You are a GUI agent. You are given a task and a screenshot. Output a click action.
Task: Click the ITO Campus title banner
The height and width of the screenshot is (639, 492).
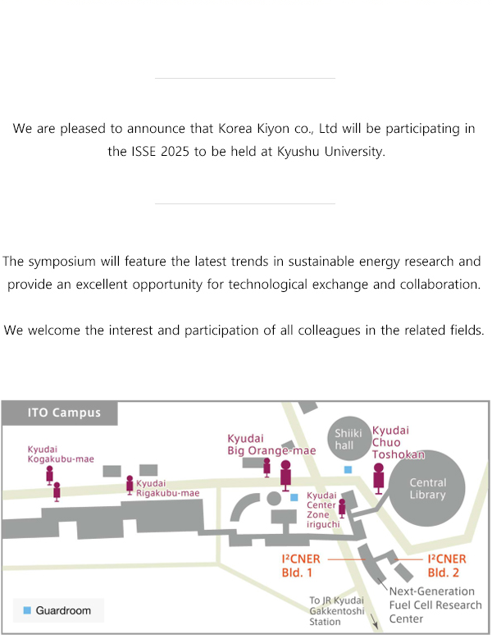(x=60, y=413)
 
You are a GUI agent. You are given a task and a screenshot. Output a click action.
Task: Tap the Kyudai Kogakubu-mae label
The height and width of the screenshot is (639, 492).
(x=61, y=454)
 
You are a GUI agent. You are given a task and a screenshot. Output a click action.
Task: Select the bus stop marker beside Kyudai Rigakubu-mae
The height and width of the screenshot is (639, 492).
(x=130, y=485)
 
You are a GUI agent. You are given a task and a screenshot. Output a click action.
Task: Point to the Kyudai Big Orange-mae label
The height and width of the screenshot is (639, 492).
(x=271, y=445)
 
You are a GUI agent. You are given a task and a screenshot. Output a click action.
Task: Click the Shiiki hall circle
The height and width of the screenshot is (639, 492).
(x=348, y=439)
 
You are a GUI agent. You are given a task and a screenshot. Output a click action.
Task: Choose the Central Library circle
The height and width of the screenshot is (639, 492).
(x=427, y=488)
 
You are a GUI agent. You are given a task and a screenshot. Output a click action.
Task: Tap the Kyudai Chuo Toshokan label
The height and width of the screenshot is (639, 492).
(x=398, y=442)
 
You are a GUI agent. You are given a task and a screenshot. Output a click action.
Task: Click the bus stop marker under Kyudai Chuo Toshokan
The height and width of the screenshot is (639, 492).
(x=379, y=478)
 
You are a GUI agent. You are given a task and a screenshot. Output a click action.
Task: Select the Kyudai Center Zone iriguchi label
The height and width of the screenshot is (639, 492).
(x=322, y=509)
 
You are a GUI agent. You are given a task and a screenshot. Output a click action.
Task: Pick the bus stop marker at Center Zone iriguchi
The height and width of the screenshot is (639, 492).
(x=342, y=509)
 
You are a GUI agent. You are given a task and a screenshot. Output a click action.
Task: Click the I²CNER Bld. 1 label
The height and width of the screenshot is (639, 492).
(x=301, y=566)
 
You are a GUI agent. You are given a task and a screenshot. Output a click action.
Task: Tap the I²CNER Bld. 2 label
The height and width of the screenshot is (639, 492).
(x=446, y=566)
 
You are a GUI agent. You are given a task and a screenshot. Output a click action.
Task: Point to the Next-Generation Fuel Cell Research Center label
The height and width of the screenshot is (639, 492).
(x=435, y=605)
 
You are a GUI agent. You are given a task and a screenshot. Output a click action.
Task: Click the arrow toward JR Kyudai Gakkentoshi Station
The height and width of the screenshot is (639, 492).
(x=374, y=620)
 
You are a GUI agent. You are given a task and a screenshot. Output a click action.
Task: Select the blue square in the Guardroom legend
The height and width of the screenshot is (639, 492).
(x=27, y=610)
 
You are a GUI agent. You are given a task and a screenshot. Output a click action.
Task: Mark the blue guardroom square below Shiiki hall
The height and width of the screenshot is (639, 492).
(x=348, y=469)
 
